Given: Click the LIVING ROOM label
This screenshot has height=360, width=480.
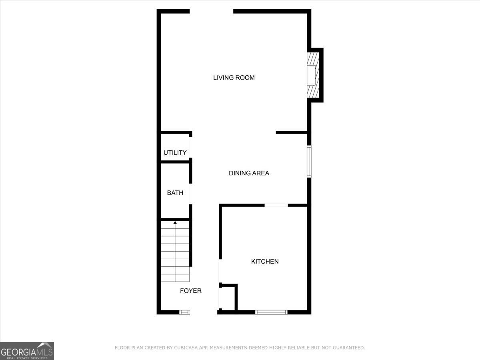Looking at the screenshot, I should tap(234, 78).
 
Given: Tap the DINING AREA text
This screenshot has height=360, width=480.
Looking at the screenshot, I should tap(249, 173).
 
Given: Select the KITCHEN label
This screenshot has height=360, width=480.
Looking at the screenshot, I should tap(265, 262).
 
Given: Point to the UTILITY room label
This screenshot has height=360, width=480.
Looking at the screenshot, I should tap(175, 153).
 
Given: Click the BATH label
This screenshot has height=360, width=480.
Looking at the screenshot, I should tap(175, 193).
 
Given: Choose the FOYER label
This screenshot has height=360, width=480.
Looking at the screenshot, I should tap(191, 291).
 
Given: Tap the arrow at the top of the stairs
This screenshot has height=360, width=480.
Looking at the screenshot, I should tap(175, 222).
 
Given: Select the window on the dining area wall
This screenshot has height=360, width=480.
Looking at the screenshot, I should tap(309, 162).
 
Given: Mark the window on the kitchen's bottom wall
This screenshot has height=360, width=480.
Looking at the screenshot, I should tap(271, 312).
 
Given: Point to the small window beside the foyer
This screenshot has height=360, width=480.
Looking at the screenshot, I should tap(184, 312).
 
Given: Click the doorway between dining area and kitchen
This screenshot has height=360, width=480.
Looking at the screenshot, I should tap(276, 205).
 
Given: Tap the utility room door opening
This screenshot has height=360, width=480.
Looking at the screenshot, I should tap(190, 147).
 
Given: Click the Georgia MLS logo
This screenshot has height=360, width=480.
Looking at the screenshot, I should tap(27, 351).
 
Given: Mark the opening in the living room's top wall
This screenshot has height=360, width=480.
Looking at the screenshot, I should tap(211, 12).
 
